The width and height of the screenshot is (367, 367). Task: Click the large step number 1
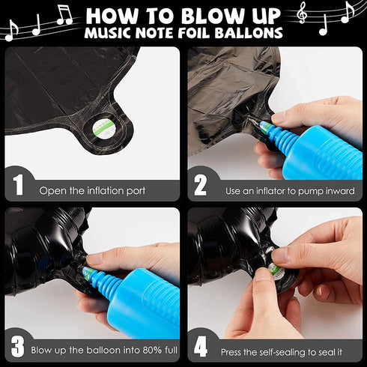pyautogui.click(x=18, y=185)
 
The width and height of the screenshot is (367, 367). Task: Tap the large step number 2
pyautogui.click(x=200, y=185)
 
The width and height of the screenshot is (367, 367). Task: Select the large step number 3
pyautogui.click(x=17, y=347)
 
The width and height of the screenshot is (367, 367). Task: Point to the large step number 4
pyautogui.click(x=201, y=347)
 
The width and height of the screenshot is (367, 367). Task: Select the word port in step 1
pyautogui.click(x=136, y=191)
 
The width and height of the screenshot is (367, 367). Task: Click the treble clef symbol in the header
pyautogui.click(x=302, y=13)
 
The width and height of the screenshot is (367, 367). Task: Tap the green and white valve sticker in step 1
pyautogui.click(x=104, y=129)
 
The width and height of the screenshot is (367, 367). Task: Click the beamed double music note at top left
pyautogui.click(x=64, y=15)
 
